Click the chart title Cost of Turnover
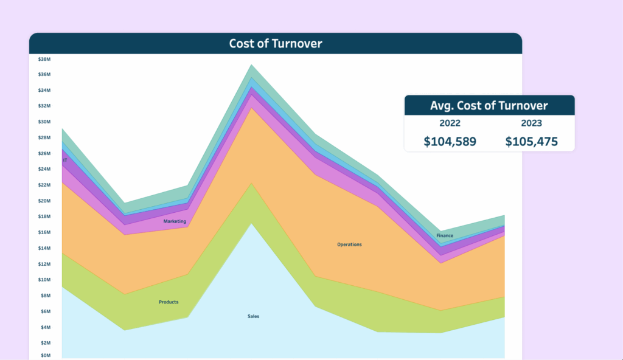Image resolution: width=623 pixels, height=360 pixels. tap(275, 43)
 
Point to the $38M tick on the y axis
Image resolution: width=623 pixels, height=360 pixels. tap(44, 59)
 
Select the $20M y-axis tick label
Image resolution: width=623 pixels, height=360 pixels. tap(44, 201)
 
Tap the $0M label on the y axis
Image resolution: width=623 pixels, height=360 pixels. tap(44, 355)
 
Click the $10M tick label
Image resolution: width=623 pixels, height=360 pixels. tap(44, 280)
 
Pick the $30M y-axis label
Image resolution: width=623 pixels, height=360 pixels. tap(44, 122)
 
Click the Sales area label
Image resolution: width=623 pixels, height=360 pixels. tap(253, 316)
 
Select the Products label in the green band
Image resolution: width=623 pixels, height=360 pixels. tap(169, 302)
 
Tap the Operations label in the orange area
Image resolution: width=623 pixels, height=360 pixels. tap(349, 244)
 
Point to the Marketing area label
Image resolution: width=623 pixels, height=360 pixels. tap(175, 221)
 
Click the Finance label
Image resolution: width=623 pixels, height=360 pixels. tap(445, 235)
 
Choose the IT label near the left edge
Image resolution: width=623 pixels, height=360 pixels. tap(65, 161)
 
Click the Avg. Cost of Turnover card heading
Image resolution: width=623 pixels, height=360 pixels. tap(489, 106)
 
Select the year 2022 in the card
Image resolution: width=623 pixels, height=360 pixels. tap(450, 123)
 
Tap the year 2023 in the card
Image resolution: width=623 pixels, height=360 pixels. tap(531, 123)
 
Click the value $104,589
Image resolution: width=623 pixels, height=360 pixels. tap(450, 142)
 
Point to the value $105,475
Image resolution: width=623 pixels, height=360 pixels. tap(531, 142)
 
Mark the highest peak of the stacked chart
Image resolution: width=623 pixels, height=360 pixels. tap(252, 65)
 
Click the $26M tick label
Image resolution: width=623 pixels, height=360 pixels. tap(44, 153)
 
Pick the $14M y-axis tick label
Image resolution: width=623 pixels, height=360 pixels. tap(44, 248)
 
